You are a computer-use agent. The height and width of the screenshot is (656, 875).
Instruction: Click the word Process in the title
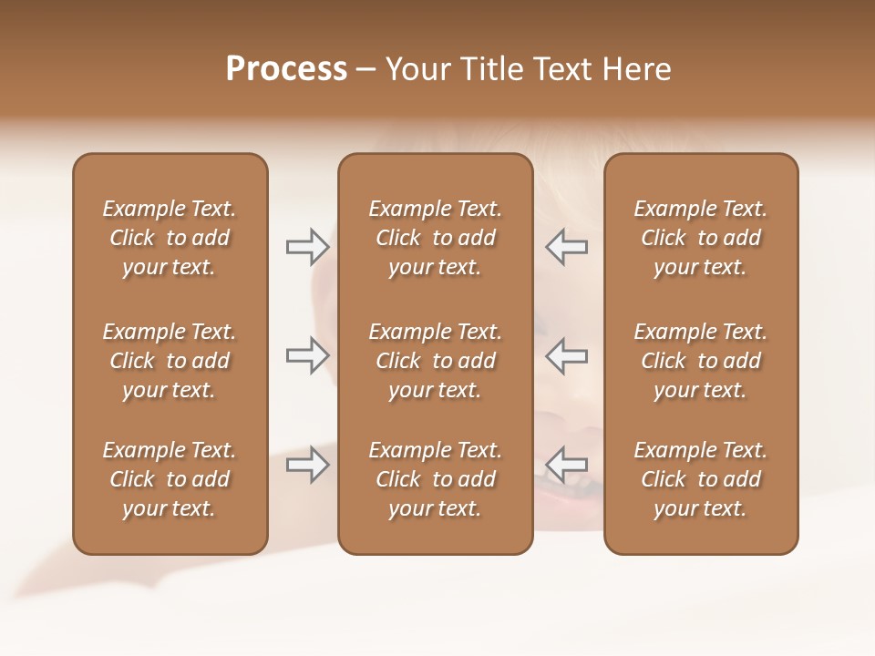(x=286, y=69)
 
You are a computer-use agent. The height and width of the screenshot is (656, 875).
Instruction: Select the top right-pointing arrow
(x=307, y=247)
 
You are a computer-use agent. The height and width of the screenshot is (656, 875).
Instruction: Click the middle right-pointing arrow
(x=307, y=355)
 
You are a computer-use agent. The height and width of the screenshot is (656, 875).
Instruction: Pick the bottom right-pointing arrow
(x=307, y=465)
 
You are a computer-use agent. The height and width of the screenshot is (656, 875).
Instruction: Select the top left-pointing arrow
(x=567, y=247)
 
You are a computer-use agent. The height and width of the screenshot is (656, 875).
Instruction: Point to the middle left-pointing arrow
(x=567, y=355)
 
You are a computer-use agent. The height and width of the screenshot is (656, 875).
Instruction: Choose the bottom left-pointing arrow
(x=567, y=465)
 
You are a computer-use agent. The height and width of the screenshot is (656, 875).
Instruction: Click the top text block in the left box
(x=170, y=238)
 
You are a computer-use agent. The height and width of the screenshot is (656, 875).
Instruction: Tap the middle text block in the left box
(x=170, y=361)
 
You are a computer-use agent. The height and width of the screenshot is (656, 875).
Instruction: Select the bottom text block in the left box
(x=170, y=479)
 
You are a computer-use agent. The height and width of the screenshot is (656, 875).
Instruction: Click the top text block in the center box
(x=435, y=238)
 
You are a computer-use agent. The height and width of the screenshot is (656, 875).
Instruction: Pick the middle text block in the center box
(x=435, y=361)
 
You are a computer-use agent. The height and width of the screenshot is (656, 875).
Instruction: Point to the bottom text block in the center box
(x=435, y=479)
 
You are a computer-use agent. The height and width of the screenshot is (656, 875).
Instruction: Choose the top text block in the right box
(x=701, y=238)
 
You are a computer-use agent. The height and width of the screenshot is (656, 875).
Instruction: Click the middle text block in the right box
(x=701, y=361)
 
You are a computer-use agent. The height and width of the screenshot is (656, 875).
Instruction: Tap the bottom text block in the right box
(x=701, y=479)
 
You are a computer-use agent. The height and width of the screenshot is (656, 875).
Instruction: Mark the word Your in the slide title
(x=417, y=69)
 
